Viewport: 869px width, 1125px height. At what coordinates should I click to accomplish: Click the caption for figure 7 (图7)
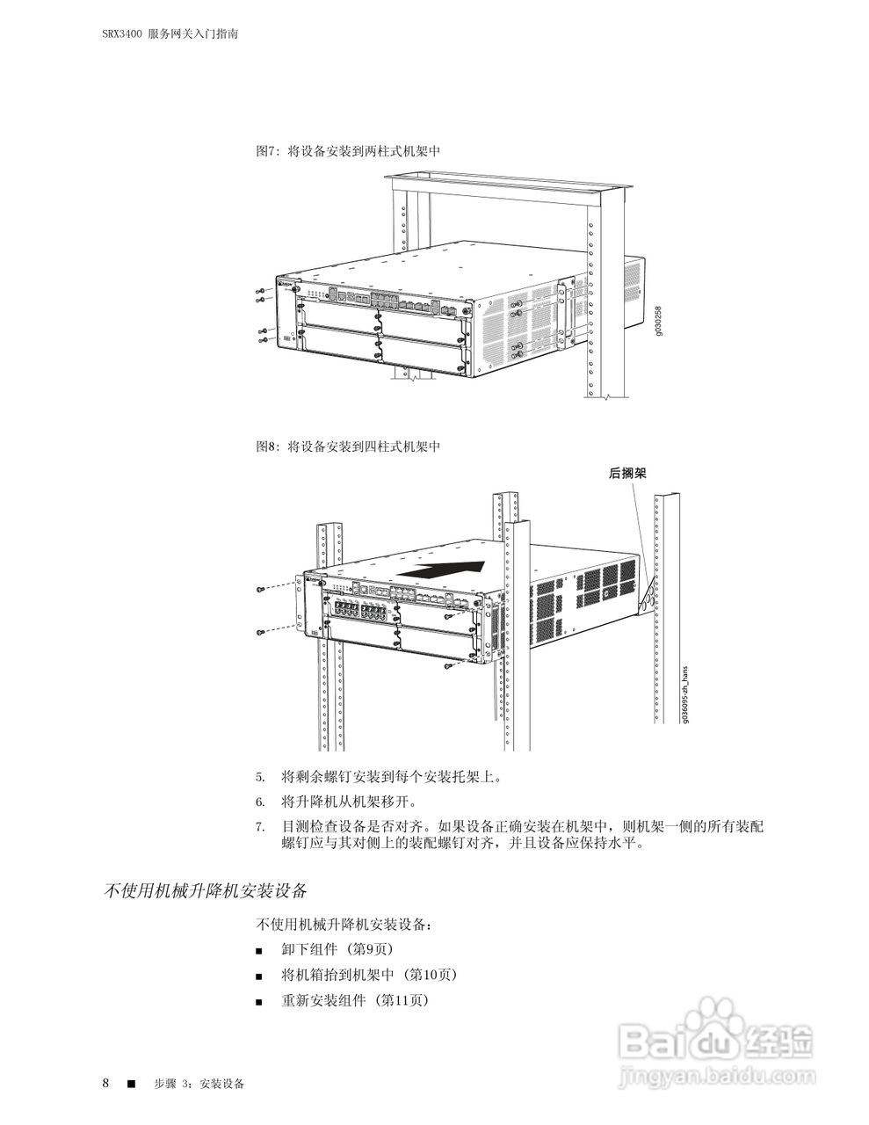point(347,151)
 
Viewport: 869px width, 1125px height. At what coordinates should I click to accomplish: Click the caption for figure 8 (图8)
point(347,446)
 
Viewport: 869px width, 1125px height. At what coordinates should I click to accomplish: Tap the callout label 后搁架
point(627,473)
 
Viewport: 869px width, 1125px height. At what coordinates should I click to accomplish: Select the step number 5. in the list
point(260,778)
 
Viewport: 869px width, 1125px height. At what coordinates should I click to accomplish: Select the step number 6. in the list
point(260,802)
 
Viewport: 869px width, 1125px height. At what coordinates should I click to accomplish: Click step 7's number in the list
point(260,827)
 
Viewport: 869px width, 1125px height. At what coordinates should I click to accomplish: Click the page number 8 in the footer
point(105,1082)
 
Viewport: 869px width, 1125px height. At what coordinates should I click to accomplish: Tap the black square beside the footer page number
point(131,1083)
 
